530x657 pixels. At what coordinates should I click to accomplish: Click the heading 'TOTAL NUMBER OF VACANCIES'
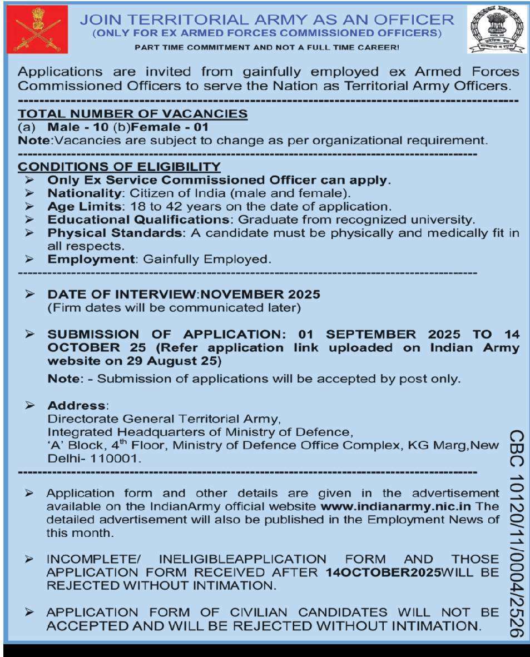133,113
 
